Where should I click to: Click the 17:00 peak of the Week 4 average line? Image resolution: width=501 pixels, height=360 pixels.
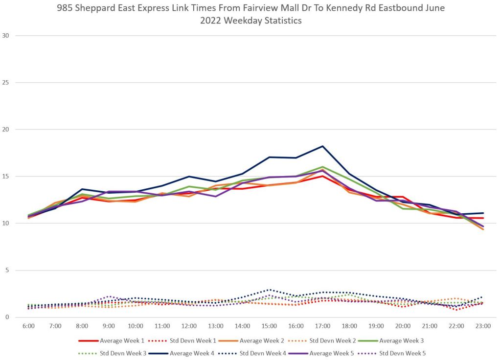tap(322, 146)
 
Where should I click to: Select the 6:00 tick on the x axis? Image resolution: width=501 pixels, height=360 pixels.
tap(28, 325)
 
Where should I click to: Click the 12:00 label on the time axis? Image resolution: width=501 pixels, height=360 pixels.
tap(189, 325)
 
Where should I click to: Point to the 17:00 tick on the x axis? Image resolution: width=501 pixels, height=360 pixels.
tap(322, 325)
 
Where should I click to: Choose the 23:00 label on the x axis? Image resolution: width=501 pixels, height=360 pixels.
tap(483, 325)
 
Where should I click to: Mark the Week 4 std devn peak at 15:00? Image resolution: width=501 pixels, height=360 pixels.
tap(269, 290)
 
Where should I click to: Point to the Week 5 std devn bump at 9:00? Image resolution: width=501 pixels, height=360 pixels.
tap(109, 296)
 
